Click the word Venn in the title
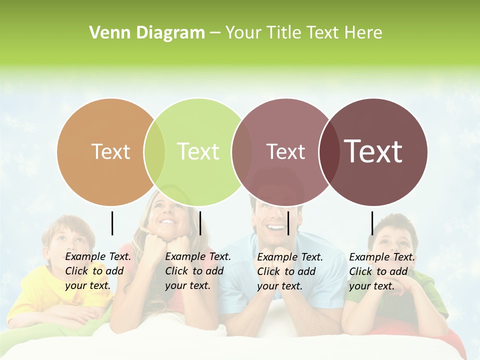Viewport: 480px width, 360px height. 107,33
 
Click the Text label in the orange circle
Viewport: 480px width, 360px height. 110,151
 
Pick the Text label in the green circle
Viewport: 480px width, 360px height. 198,151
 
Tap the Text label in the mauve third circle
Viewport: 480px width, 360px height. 285,152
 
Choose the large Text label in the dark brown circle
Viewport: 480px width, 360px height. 373,151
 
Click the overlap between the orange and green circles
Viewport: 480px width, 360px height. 154,152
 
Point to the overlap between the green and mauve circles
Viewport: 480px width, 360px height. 242,152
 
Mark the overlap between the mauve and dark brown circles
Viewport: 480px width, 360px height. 329,152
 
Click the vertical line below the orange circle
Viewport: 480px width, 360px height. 112,223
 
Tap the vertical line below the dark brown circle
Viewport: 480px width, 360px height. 372,223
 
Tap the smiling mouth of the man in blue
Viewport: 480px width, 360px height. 276,228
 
